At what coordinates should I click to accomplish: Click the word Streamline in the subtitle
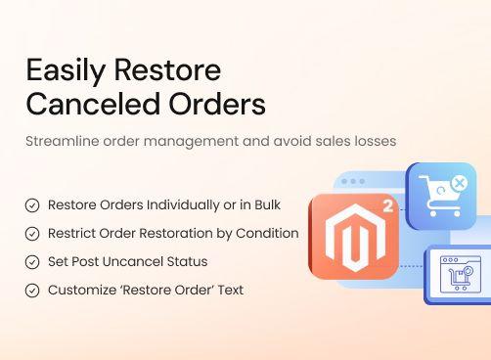click(x=60, y=141)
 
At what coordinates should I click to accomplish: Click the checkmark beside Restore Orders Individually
click(x=32, y=205)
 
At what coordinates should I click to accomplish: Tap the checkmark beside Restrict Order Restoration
click(x=32, y=234)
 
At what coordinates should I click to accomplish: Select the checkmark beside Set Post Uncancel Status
click(x=32, y=262)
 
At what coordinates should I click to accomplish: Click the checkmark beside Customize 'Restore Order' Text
click(x=32, y=291)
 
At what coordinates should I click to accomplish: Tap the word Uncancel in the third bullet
click(x=137, y=262)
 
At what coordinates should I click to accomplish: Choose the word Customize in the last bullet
click(x=82, y=291)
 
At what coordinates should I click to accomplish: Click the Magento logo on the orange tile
click(x=351, y=237)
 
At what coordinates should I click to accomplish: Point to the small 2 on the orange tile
click(x=386, y=207)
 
